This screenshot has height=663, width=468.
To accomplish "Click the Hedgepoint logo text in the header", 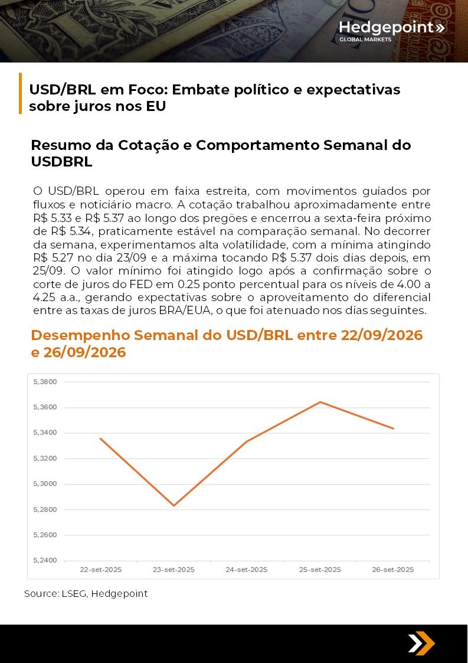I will point(386,27).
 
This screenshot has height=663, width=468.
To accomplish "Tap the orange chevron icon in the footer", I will point(421,643).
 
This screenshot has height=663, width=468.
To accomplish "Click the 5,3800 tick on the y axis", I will point(45,382).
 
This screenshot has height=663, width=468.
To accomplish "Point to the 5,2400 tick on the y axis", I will point(45,560).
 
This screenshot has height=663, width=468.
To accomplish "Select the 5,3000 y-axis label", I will point(45,484).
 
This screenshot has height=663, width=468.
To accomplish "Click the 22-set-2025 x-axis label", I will point(101,570).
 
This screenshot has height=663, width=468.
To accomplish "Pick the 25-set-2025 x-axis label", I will point(320,570).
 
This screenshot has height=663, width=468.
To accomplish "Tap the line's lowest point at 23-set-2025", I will point(174,505).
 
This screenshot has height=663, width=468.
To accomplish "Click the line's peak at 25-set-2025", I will point(320,402).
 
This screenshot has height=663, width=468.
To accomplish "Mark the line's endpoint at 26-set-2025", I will point(393,429).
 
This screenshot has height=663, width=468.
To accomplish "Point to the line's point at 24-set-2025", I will point(247,441).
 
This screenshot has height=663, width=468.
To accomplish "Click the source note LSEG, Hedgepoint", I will point(86,593).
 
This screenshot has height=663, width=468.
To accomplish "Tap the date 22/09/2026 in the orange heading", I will point(382,335).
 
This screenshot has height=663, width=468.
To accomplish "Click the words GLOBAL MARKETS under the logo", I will point(365,40).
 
